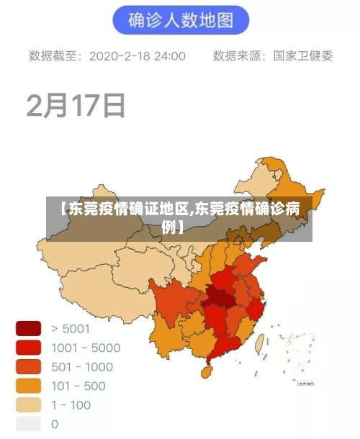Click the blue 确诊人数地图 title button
point(180,21)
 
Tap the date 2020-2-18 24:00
point(138,55)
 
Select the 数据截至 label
point(55,55)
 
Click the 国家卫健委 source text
point(303,55)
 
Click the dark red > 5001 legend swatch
point(29,329)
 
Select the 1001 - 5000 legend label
point(86,348)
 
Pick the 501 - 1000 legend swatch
point(29,367)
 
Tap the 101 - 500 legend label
point(78,386)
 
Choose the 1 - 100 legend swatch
point(29,404)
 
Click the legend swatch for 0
point(29,424)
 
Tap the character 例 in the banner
point(169,228)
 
